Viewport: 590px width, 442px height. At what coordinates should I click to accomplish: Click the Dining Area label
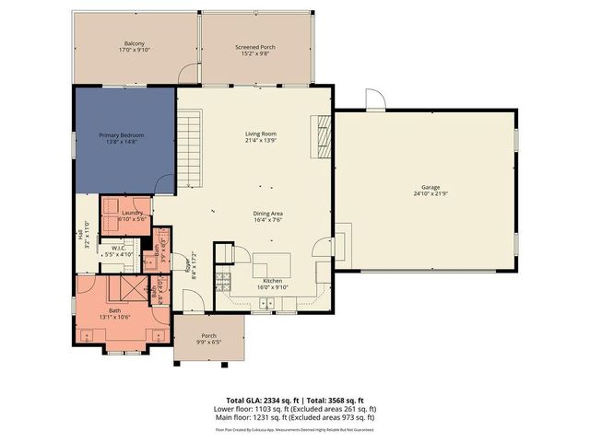[267, 214]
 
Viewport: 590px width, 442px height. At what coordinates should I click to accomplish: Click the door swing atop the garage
[374, 99]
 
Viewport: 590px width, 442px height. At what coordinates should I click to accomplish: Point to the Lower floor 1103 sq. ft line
[295, 410]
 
